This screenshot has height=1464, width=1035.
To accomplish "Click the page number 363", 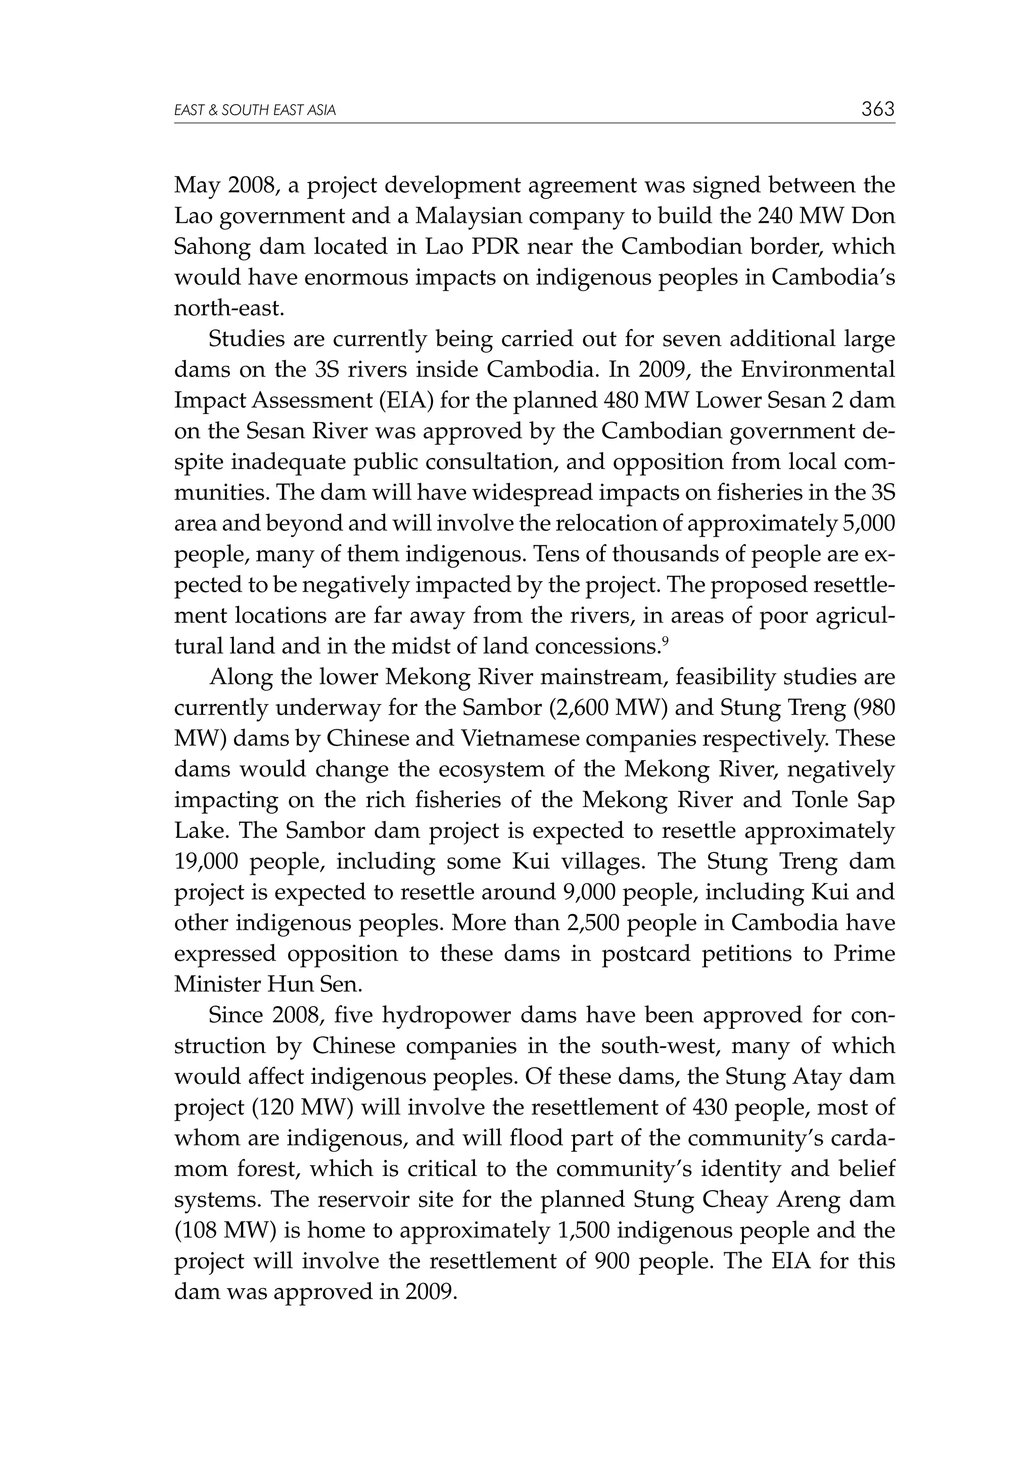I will [x=877, y=109].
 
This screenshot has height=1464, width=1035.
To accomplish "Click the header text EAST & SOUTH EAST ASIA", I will [x=254, y=111].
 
